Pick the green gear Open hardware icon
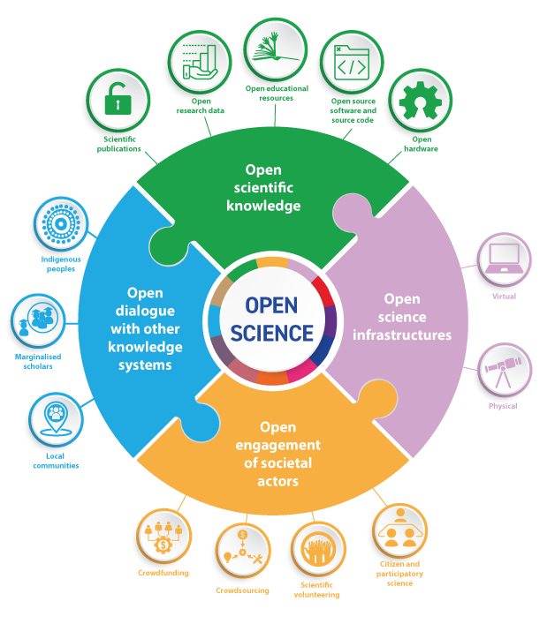(420, 101)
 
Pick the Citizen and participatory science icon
(399, 530)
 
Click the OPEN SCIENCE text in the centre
(273, 319)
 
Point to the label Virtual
(505, 297)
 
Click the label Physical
(504, 406)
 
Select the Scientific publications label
(118, 143)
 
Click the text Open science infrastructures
(403, 317)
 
